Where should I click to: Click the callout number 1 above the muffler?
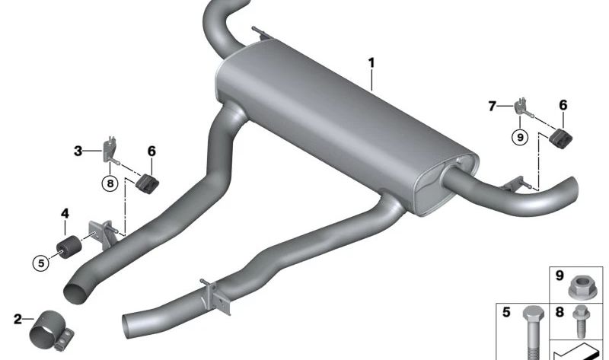[x=371, y=63]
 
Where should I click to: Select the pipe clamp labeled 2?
[x=51, y=331]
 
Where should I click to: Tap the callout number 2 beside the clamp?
[x=18, y=319]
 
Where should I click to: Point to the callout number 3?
[x=78, y=151]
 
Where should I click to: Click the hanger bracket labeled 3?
[x=110, y=150]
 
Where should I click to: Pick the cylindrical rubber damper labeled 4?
[x=69, y=247]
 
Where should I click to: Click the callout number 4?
[x=65, y=213]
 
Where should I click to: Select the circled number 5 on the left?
[x=41, y=263]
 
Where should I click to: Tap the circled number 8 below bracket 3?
[x=110, y=183]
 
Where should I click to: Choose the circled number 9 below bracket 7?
[x=520, y=137]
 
